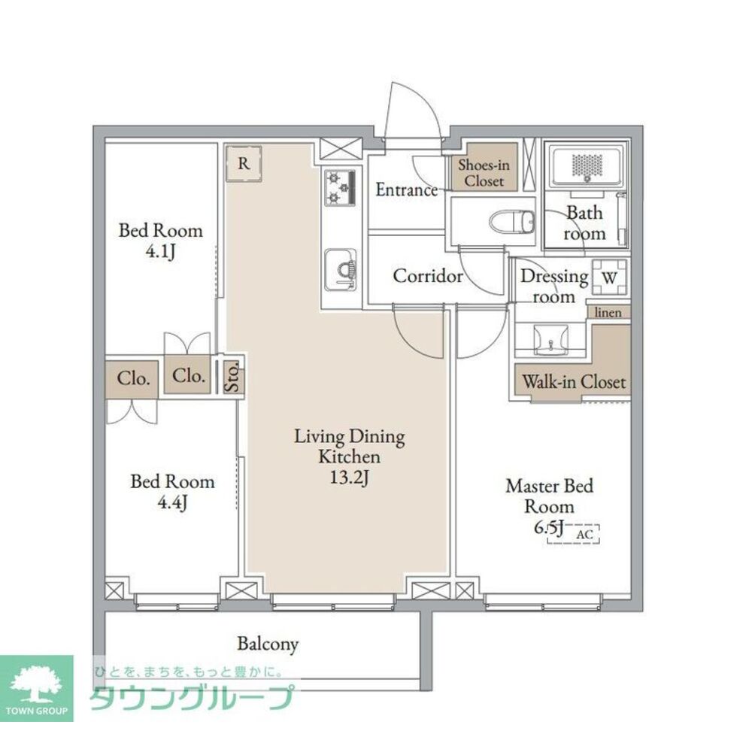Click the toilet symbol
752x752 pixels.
[512, 222]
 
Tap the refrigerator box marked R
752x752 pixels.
[244, 164]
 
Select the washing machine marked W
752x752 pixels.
[610, 277]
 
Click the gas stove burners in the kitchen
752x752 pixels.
[340, 187]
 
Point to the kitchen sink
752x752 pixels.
[340, 270]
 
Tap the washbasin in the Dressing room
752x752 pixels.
[551, 340]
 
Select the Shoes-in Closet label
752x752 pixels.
[484, 173]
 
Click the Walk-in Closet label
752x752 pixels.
[574, 382]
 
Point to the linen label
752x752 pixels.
[608, 312]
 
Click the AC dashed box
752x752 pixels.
[574, 534]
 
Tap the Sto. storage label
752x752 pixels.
[232, 378]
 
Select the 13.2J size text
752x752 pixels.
[349, 478]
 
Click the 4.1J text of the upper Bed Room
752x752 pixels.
[160, 251]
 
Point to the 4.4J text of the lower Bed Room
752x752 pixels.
[172, 502]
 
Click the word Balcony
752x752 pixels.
[268, 644]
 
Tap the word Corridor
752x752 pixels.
[428, 276]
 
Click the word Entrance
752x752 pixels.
[407, 190]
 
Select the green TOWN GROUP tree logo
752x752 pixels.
[36, 688]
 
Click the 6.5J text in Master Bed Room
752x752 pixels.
[548, 528]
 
